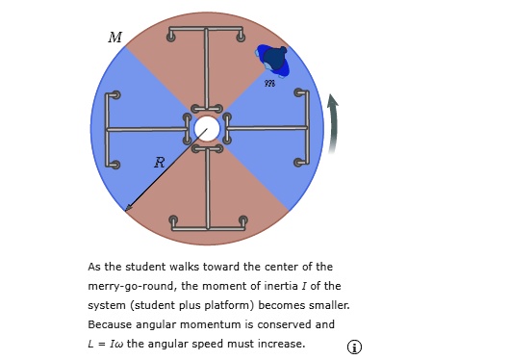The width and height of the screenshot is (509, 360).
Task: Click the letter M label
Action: [x=115, y=38]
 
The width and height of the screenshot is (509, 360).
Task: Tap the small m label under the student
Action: [x=271, y=84]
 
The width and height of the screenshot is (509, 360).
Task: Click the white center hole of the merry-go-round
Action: [x=206, y=128]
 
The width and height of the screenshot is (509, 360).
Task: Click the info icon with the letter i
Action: [x=354, y=347]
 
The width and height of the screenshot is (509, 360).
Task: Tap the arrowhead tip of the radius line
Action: [x=127, y=207]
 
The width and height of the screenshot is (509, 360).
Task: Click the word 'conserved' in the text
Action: [x=285, y=324]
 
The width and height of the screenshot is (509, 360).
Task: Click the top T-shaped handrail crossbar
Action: [x=206, y=29]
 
